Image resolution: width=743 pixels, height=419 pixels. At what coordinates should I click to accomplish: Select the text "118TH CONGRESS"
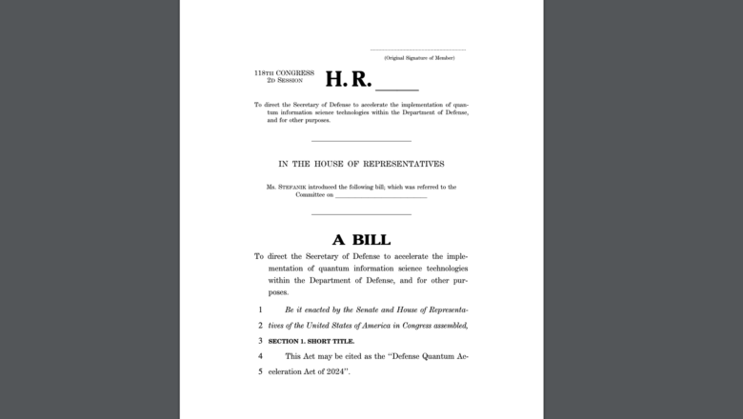point(284,72)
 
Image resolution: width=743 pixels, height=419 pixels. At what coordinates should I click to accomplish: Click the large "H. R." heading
point(349,80)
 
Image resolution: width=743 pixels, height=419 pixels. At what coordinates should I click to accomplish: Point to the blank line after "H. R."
point(397,88)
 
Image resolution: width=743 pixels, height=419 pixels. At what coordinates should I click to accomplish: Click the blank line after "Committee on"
point(381,197)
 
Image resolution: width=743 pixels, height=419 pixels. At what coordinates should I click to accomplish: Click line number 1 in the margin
point(259,310)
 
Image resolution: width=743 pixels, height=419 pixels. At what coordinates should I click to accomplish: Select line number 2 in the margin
point(259,326)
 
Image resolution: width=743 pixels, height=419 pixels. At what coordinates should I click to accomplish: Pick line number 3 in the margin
point(259,340)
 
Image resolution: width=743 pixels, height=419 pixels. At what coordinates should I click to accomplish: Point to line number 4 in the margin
point(259,356)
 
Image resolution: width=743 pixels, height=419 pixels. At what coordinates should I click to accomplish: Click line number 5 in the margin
point(259,370)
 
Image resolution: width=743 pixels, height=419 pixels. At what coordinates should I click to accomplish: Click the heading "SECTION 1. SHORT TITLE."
point(311,340)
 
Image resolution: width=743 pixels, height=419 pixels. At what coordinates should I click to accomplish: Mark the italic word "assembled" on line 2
point(446,326)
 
